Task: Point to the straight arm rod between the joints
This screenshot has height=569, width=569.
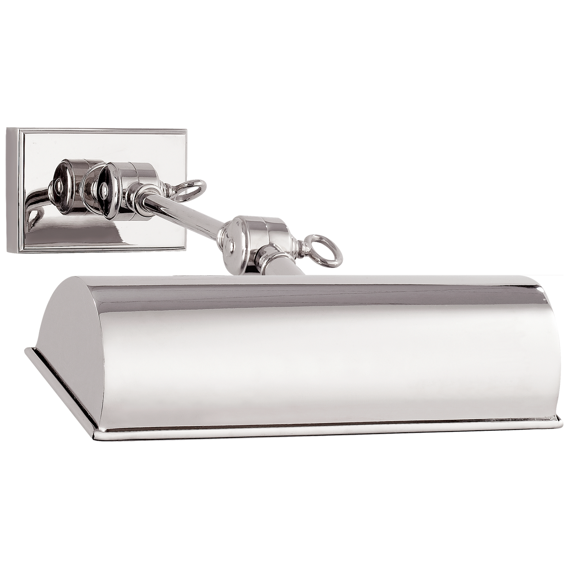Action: click(x=186, y=213)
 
